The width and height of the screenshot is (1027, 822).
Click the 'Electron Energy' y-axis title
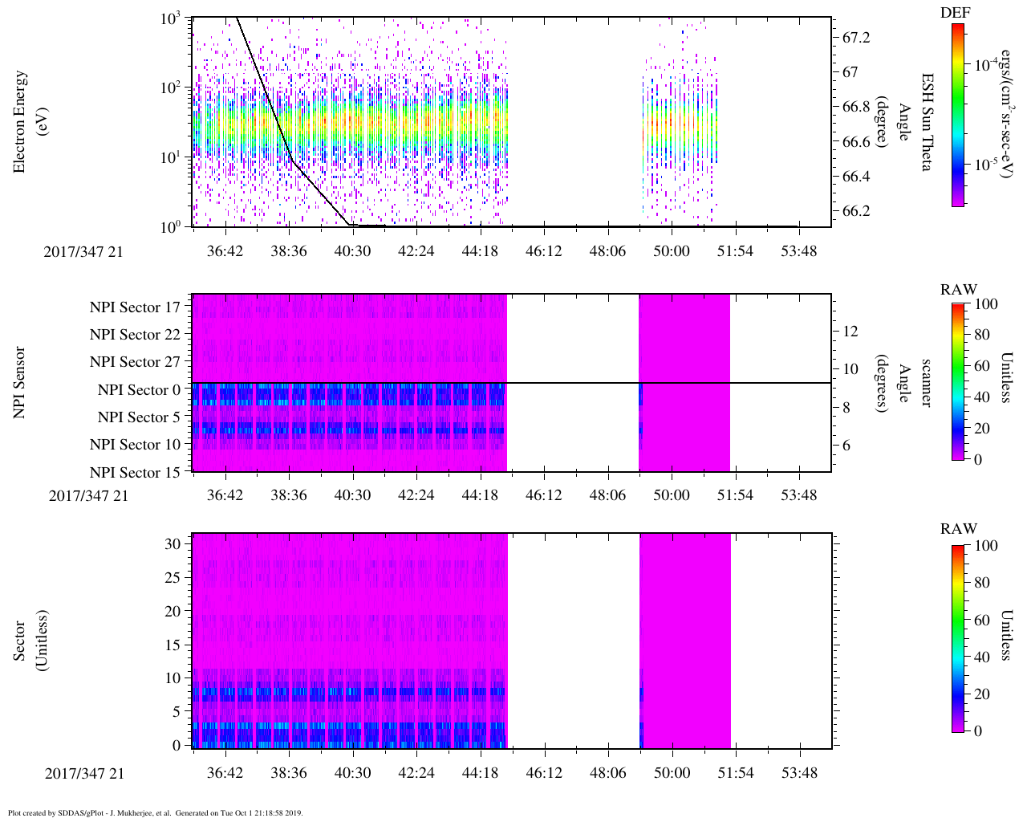click(20, 121)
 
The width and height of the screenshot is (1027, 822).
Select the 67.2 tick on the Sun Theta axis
click(855, 38)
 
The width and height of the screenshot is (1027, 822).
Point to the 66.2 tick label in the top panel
click(855, 211)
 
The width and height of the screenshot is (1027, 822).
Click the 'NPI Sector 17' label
click(135, 307)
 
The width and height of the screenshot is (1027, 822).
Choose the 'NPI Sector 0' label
click(139, 390)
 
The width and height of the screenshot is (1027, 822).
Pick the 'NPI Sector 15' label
click(135, 473)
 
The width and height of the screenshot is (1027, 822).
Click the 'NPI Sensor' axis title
click(20, 382)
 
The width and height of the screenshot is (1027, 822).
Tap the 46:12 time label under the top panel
click(543, 251)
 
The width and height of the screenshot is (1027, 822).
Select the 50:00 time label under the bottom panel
click(671, 773)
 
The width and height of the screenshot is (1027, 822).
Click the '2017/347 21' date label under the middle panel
click(88, 495)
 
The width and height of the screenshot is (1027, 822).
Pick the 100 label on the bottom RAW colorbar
click(985, 546)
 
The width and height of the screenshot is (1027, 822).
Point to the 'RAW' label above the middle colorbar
click(959, 289)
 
